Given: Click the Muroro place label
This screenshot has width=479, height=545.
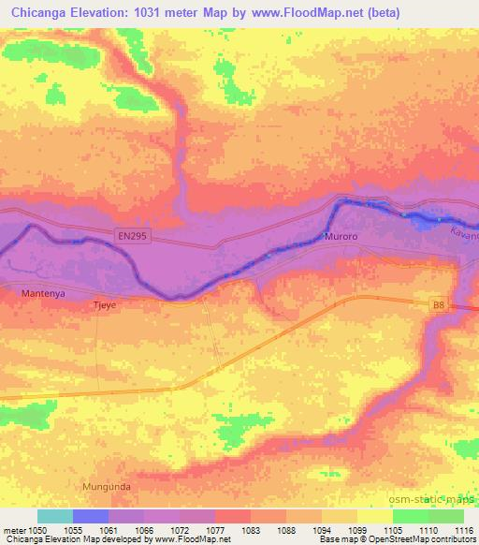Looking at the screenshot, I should [340, 238].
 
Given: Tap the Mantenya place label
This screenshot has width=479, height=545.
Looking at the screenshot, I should [43, 294].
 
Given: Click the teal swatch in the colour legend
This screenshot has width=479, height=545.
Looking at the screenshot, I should [54, 516].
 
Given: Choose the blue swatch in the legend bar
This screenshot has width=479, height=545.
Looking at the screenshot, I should [91, 516].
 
